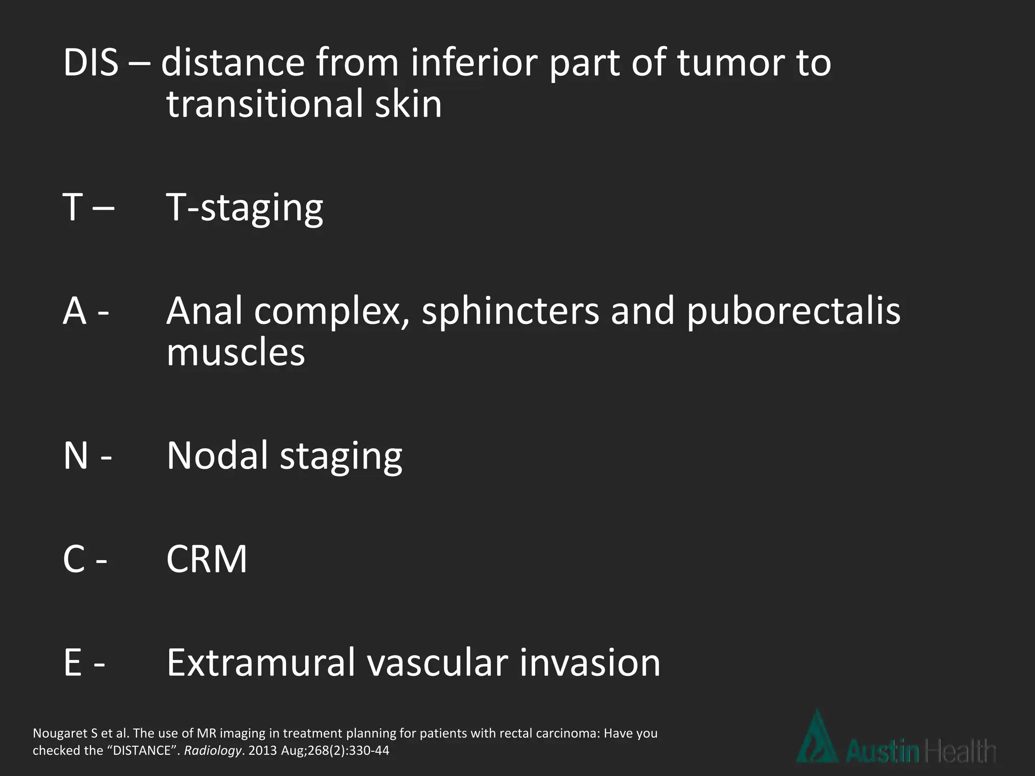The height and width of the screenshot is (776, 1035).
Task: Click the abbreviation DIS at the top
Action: [x=91, y=63]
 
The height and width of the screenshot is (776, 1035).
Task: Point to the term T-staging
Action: [x=245, y=208]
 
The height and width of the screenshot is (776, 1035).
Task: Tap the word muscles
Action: [x=236, y=353]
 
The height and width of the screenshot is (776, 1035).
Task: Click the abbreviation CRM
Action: [x=207, y=559]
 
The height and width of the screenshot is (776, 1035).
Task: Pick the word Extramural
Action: [x=261, y=663]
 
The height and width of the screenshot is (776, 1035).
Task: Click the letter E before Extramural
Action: [x=72, y=663]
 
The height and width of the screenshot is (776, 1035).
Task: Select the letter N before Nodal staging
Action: [x=76, y=456]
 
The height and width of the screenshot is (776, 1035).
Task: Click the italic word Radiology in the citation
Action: [x=212, y=751]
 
